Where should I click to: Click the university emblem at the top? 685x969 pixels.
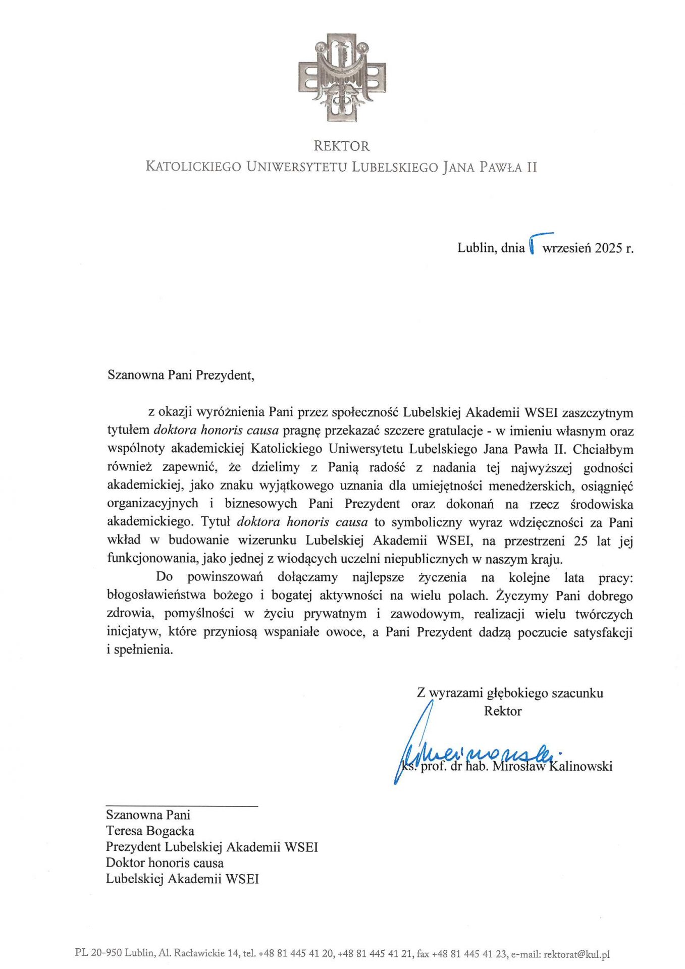tap(342, 77)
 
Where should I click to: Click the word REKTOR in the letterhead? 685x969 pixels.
tap(341, 146)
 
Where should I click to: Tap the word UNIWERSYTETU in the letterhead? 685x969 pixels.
tap(296, 167)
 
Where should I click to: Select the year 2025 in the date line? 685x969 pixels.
tap(609, 248)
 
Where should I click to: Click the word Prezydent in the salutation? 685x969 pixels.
tap(224, 375)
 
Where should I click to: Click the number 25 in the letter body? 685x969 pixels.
tap(581, 541)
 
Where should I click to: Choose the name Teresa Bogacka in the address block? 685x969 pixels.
tap(150, 831)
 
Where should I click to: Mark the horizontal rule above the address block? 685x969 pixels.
tap(182, 806)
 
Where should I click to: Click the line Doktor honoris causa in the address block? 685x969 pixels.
tap(165, 863)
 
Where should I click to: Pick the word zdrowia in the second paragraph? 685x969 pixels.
tap(129, 614)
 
